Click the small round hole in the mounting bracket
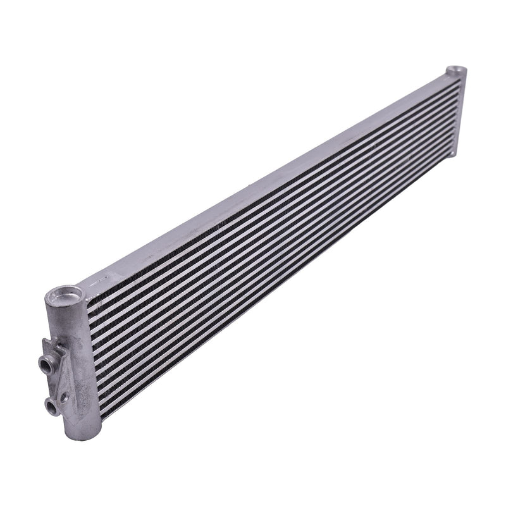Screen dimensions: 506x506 pos(63,397)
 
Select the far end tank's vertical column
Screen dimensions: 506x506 pos(460,111)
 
